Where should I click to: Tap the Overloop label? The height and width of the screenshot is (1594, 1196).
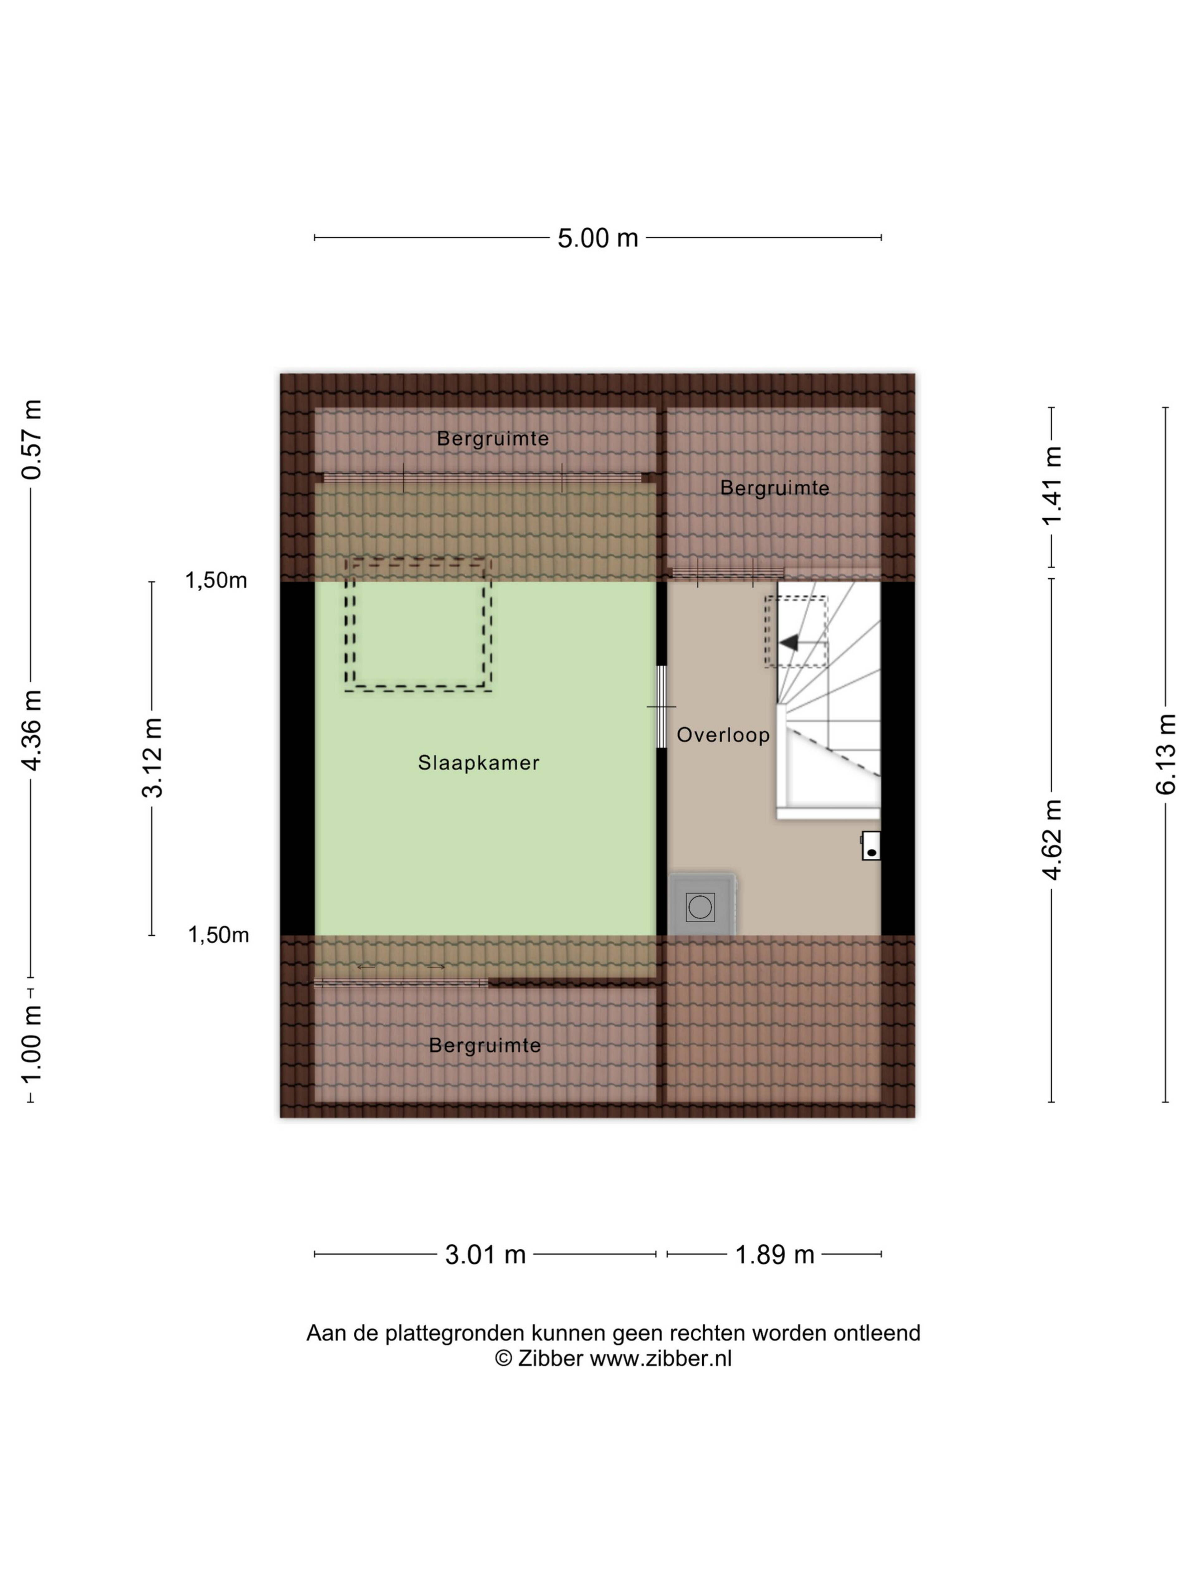tap(723, 735)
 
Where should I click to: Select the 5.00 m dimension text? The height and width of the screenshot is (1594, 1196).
tap(598, 238)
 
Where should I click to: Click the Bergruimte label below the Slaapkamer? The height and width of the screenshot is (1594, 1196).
tap(484, 1045)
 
